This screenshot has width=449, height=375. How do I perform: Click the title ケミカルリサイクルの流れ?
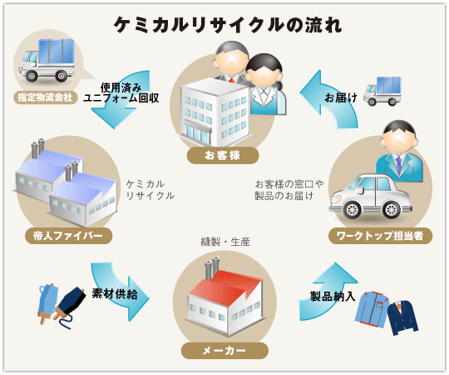click(228, 25)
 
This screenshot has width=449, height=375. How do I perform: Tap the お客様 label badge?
click(223, 156)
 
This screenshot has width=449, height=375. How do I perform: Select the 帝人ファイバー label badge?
click(68, 236)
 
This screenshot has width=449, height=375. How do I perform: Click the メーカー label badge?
click(224, 350)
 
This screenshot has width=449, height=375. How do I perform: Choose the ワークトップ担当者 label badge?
click(380, 236)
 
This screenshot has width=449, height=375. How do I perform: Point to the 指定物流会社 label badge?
click(45, 97)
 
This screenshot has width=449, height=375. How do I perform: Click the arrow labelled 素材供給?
click(121, 291)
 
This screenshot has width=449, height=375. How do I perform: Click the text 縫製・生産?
click(225, 242)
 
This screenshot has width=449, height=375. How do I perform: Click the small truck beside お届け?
click(382, 91)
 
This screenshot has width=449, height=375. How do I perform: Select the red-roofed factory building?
click(224, 298)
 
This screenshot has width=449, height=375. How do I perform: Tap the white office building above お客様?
click(215, 112)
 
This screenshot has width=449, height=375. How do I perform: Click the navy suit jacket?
click(403, 317)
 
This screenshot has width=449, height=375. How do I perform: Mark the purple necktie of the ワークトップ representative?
click(398, 162)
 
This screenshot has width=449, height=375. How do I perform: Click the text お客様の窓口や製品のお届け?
click(289, 190)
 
